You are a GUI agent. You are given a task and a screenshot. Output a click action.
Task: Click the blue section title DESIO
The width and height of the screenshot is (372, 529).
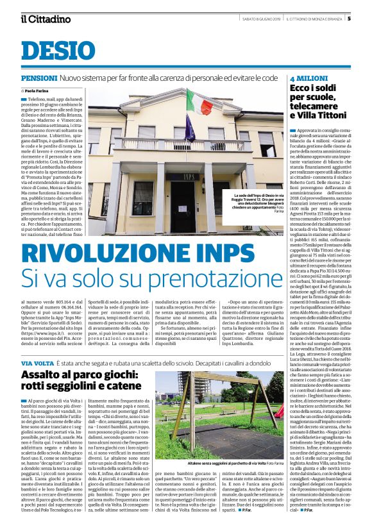[x=58, y=51]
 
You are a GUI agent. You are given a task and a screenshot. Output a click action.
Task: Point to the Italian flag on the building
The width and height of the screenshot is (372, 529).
[x=199, y=103]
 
